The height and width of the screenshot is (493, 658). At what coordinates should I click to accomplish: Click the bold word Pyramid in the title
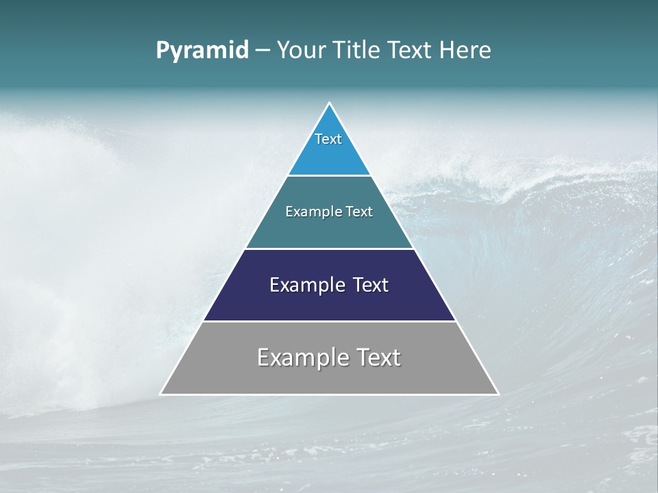pos(202,51)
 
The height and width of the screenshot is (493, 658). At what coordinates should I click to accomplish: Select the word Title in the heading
pos(357,50)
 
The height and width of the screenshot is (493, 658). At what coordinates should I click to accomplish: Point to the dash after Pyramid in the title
pos(263,51)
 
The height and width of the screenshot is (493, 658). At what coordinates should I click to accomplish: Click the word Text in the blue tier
pos(328,139)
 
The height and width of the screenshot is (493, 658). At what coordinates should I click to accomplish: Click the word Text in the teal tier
pos(359,212)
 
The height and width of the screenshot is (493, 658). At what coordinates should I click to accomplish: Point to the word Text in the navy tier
pos(371,285)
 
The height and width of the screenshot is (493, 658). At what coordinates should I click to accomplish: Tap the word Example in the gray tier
pos(301,357)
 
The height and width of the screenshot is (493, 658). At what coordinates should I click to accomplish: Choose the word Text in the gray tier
pos(376,357)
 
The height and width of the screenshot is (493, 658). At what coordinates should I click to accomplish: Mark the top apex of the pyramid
pos(329,103)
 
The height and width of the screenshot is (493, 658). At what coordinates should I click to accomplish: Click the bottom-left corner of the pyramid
pos(161,394)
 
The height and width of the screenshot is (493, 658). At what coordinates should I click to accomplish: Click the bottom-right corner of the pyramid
pos(498,394)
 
